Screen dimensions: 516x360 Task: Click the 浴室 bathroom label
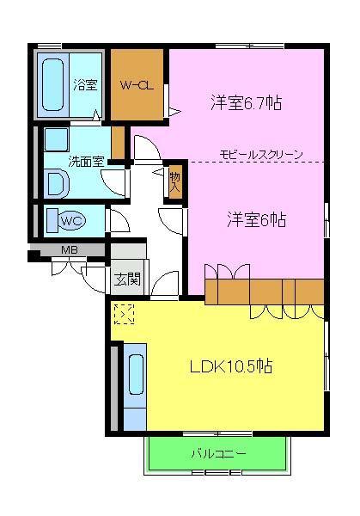[84, 84]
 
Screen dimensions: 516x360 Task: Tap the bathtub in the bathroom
[54, 83]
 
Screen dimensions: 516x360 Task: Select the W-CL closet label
[136, 84]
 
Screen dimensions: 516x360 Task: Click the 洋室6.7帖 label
[247, 102]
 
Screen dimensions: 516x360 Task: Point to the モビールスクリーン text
[260, 155]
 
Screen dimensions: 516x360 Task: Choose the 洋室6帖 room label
[257, 218]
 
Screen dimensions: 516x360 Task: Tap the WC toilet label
[71, 220]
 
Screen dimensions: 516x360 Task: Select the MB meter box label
[69, 250]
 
